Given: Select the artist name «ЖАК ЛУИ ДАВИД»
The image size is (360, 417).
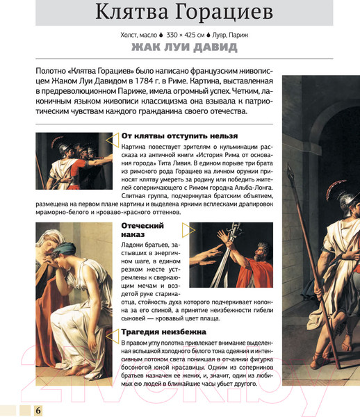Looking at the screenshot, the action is click(x=183, y=47).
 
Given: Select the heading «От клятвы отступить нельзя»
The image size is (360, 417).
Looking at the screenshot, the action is click(x=179, y=136).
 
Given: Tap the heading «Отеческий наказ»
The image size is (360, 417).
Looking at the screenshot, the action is click(x=142, y=231).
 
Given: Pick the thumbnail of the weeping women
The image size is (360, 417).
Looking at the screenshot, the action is click(x=72, y=304).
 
